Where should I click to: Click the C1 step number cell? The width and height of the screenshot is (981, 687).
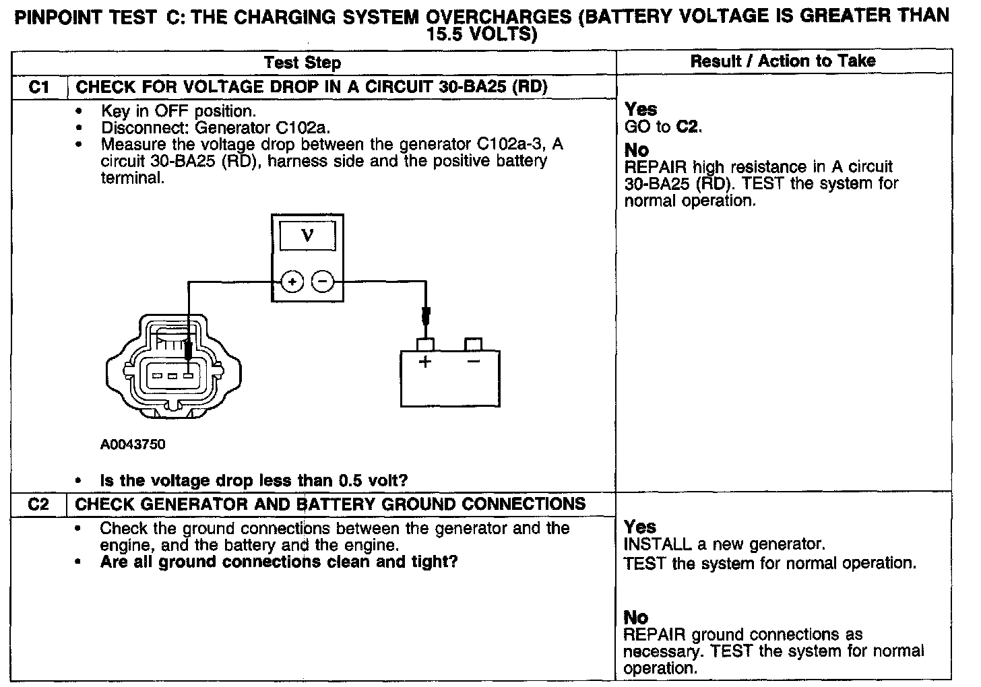pyautogui.click(x=40, y=87)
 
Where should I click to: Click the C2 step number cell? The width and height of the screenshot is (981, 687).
pyautogui.click(x=39, y=504)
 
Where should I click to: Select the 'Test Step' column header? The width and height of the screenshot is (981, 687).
pyautogui.click(x=303, y=63)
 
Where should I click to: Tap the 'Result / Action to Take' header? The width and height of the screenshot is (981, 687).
pyautogui.click(x=783, y=61)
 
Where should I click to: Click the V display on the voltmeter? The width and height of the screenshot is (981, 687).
pyautogui.click(x=307, y=236)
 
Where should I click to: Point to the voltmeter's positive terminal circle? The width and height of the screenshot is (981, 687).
pyautogui.click(x=291, y=282)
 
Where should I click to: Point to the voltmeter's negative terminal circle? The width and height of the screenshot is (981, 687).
pyautogui.click(x=323, y=282)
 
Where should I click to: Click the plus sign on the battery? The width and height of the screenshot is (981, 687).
pyautogui.click(x=425, y=362)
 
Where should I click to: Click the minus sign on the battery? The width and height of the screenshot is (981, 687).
pyautogui.click(x=473, y=361)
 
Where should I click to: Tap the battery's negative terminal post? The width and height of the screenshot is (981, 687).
pyautogui.click(x=474, y=345)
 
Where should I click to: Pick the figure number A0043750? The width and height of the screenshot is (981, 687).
pyautogui.click(x=133, y=445)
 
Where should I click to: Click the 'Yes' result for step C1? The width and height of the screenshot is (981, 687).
pyautogui.click(x=641, y=109)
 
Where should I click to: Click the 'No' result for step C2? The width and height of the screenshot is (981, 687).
pyautogui.click(x=636, y=617)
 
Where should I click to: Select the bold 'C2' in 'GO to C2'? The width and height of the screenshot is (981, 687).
pyautogui.click(x=687, y=127)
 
